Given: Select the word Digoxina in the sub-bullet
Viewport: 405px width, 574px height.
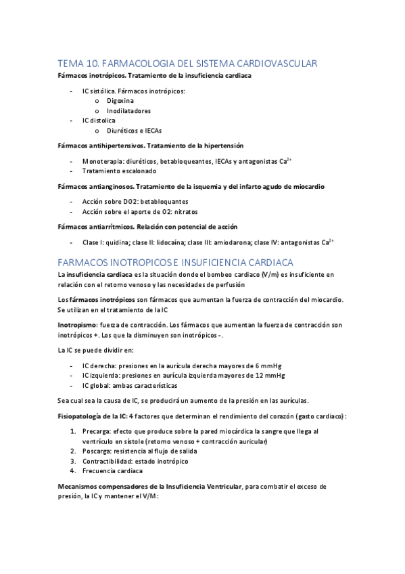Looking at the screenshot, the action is coord(120,100).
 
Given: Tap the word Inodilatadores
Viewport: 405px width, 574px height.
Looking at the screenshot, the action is coord(128,110).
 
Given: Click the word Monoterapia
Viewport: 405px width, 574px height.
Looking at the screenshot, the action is coord(103,161).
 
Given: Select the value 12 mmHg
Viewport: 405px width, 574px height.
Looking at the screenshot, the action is coord(270,375).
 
